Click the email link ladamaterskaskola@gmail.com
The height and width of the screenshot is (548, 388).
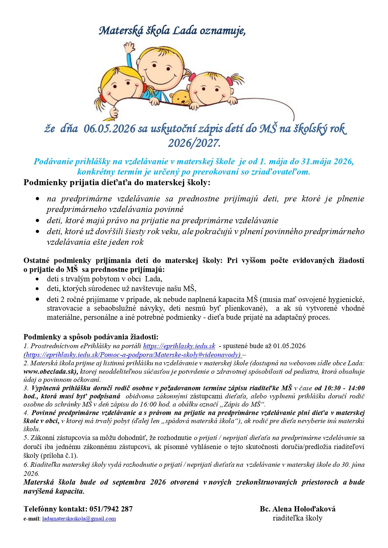coord(79,519)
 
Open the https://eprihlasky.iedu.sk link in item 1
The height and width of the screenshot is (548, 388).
coord(179,346)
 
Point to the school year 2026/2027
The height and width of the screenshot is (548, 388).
coord(194,143)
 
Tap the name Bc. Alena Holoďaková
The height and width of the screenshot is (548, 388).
coord(297,509)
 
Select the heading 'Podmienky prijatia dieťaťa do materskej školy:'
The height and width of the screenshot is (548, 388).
coord(117,183)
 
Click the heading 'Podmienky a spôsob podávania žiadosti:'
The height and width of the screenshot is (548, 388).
coord(91,337)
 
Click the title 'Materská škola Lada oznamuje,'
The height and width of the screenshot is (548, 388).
coord(172,31)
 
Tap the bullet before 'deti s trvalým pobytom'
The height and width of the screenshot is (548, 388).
coord(38,279)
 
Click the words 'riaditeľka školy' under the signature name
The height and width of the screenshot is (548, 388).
coord(297,518)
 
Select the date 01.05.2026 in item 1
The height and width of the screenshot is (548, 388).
coord(289,346)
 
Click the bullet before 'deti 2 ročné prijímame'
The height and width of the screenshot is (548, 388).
coord(38,299)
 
